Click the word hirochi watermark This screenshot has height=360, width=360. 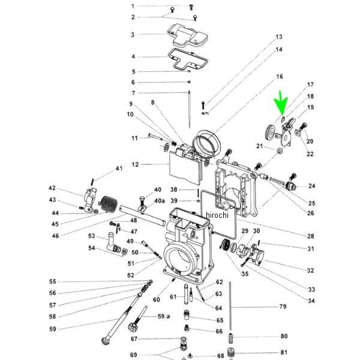point(218,215)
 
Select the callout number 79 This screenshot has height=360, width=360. point(283,307)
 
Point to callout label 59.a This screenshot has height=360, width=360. point(164,316)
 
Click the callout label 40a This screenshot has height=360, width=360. point(159,200)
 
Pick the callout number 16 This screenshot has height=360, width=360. point(279,77)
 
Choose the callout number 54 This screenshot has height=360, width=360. point(92,248)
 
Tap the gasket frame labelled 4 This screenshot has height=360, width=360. point(188,61)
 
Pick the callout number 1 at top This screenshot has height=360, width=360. point(133,6)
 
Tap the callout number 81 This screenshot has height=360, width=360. point(284,353)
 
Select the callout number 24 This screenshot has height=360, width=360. point(311,186)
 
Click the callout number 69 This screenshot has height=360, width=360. point(133,355)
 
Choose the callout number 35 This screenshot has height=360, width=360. point(244,274)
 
